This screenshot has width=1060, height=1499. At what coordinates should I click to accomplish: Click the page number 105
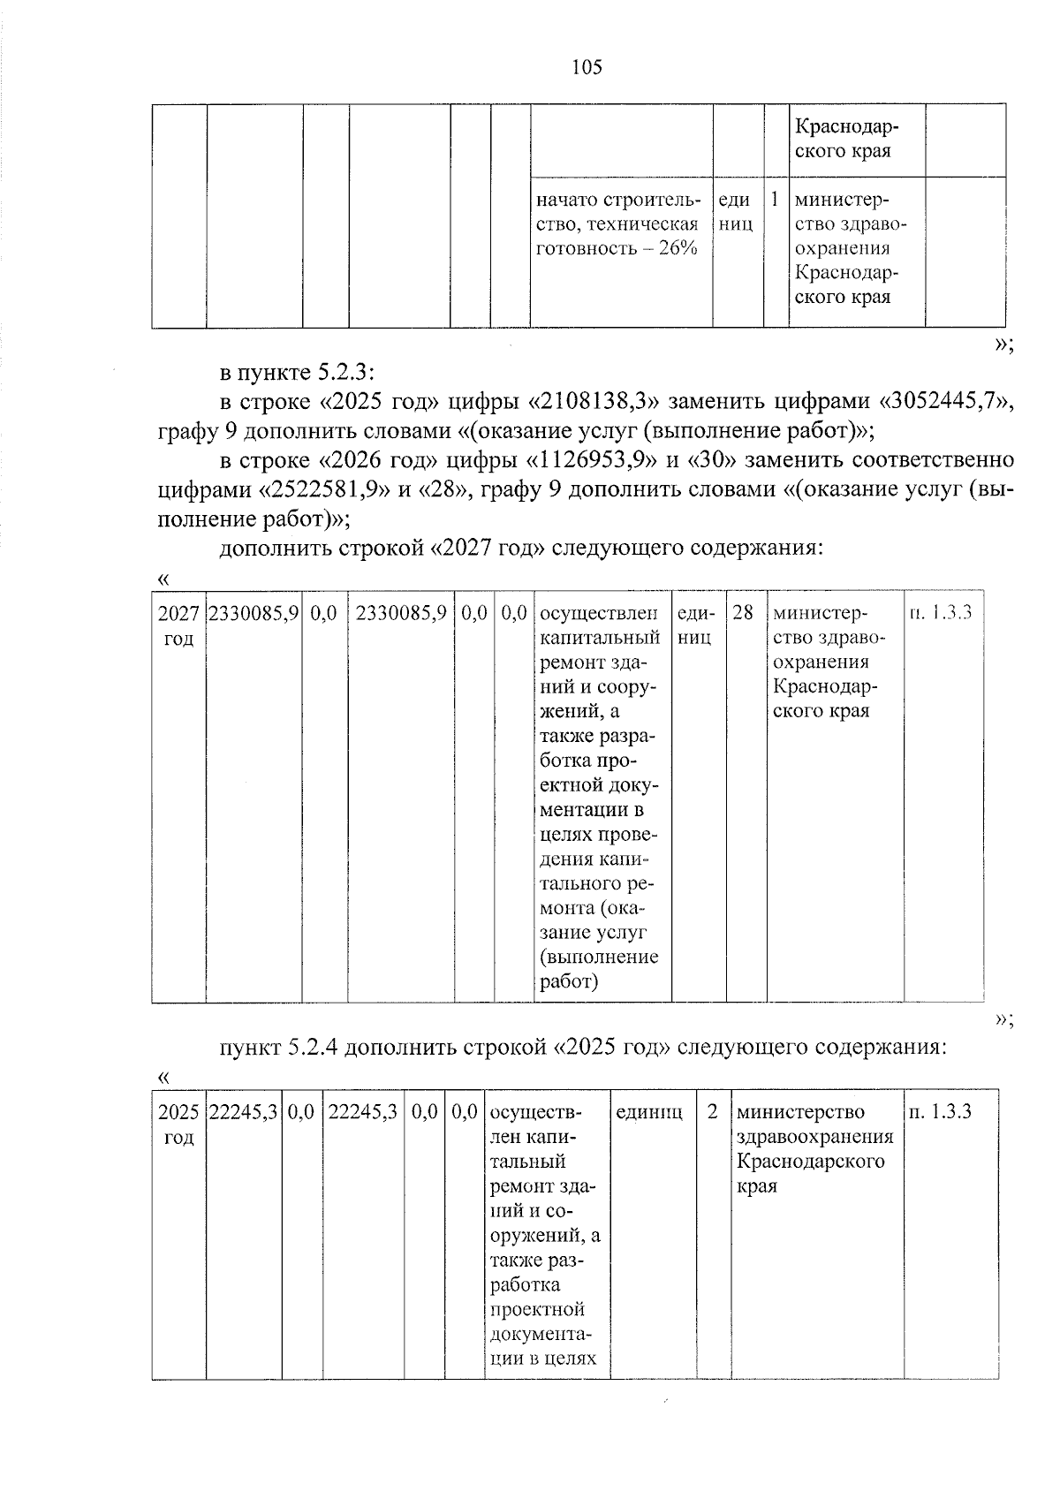(587, 67)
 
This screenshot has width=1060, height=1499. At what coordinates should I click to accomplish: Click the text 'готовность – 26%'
(617, 248)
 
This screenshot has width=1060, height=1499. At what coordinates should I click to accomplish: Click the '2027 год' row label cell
(178, 625)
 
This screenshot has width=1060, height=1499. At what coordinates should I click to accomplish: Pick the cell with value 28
(743, 612)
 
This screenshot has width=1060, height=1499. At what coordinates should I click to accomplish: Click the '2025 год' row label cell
(178, 1124)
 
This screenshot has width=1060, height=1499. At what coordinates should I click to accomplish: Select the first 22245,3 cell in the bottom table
(244, 1111)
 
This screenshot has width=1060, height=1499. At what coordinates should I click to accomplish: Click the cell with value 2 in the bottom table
(712, 1111)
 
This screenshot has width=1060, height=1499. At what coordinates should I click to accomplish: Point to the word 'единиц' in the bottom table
(648, 1111)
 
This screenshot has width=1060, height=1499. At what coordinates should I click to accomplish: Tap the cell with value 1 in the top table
(775, 200)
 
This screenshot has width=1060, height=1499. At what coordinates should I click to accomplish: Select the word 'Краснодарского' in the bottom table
(810, 1161)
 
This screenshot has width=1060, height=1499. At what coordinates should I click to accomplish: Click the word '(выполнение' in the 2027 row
(598, 957)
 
